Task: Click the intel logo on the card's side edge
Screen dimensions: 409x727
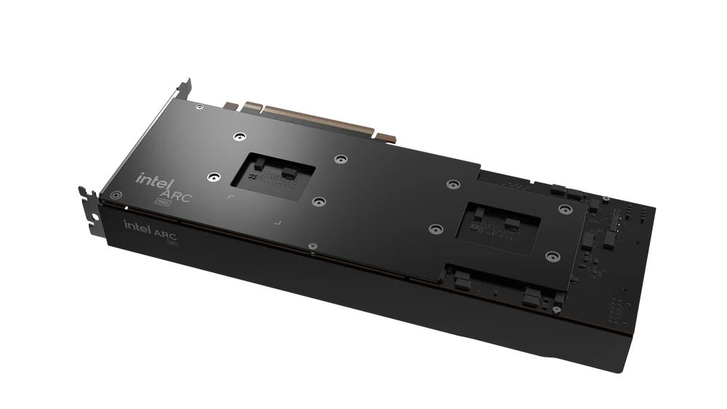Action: coord(136,227)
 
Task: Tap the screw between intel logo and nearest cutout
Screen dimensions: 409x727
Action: coord(213,176)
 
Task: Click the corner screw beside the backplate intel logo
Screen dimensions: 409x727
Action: coord(114,194)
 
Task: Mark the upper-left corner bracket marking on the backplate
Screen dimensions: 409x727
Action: coord(230,197)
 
